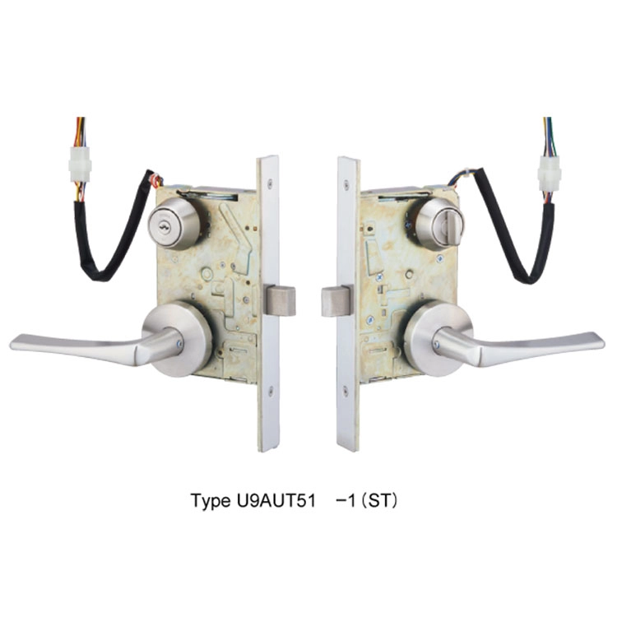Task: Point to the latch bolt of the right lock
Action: (336, 301)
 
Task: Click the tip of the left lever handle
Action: (12, 341)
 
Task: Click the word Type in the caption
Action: (210, 500)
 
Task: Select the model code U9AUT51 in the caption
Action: (276, 500)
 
